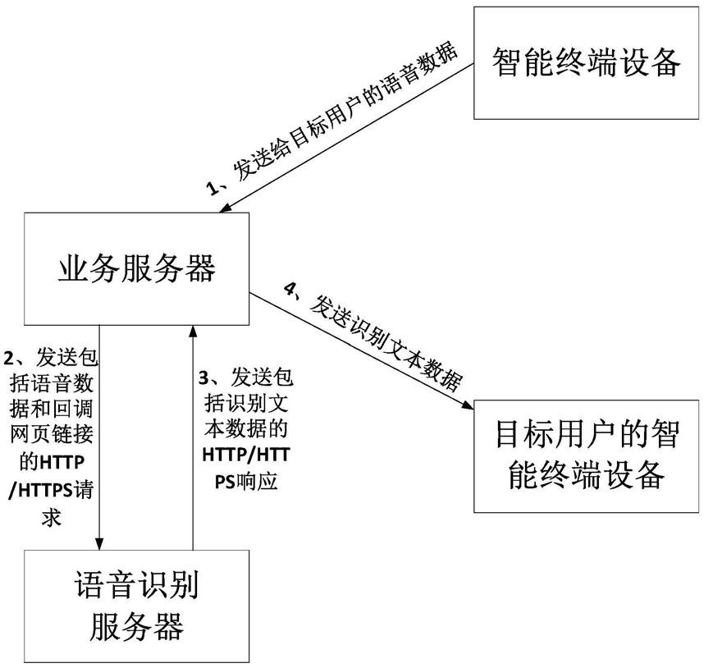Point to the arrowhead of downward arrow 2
coord(99,543)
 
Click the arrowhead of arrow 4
coord(468,405)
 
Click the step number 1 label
coord(213,188)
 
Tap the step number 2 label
coord(8,359)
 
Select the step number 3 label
coord(204,378)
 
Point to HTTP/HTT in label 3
coord(246,455)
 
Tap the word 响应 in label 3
coord(259,481)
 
